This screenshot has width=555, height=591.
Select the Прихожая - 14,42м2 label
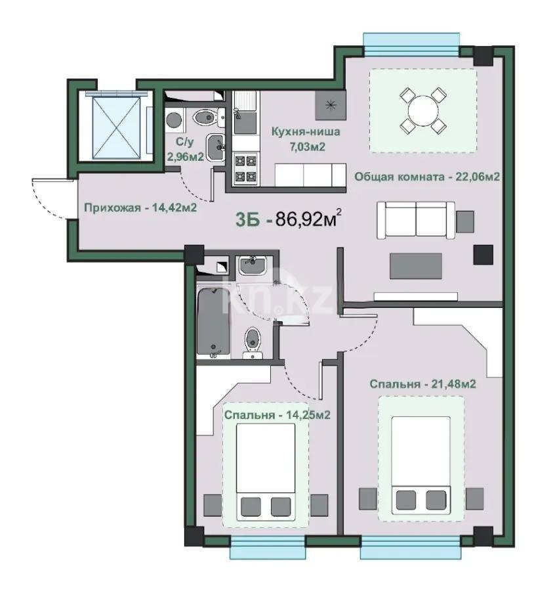point(140,208)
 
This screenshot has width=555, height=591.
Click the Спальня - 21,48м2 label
point(422,384)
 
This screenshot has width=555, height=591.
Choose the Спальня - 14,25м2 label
point(276,415)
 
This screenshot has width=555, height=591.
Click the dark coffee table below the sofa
point(416,266)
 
